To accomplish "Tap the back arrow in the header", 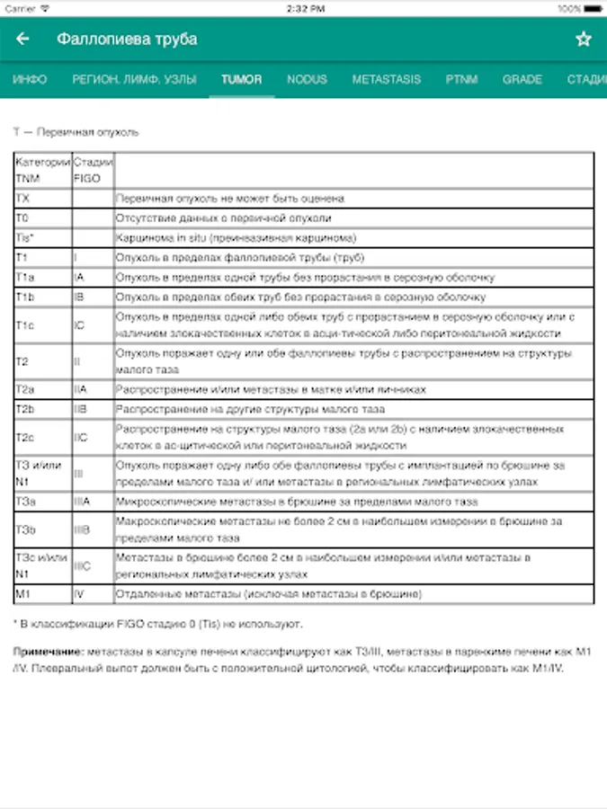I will click(x=23, y=40).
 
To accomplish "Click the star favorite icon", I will click(x=584, y=40).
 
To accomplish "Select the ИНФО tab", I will click(x=30, y=79).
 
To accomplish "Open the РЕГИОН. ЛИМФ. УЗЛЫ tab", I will click(x=134, y=79).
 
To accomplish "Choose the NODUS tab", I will click(x=307, y=79).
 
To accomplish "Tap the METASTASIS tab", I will click(x=386, y=79).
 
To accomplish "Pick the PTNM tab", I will click(x=461, y=79).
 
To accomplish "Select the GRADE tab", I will click(x=522, y=79).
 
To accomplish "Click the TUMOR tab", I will click(x=242, y=79).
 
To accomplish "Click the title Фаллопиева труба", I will click(x=127, y=40).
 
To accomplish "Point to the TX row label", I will click(x=22, y=198).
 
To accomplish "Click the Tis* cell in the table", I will click(x=24, y=237).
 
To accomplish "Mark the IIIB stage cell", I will click(x=82, y=530).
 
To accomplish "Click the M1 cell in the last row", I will click(x=23, y=594).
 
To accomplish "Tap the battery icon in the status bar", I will click(x=593, y=8).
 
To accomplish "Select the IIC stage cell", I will click(x=80, y=437).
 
